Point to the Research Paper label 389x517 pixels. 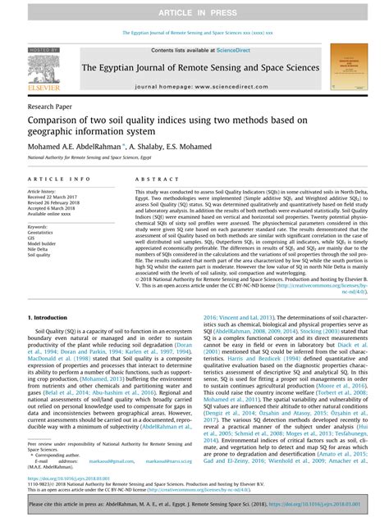[x=49, y=107]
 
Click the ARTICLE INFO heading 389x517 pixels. [x=59, y=179]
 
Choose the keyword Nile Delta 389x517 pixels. [x=41, y=250]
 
